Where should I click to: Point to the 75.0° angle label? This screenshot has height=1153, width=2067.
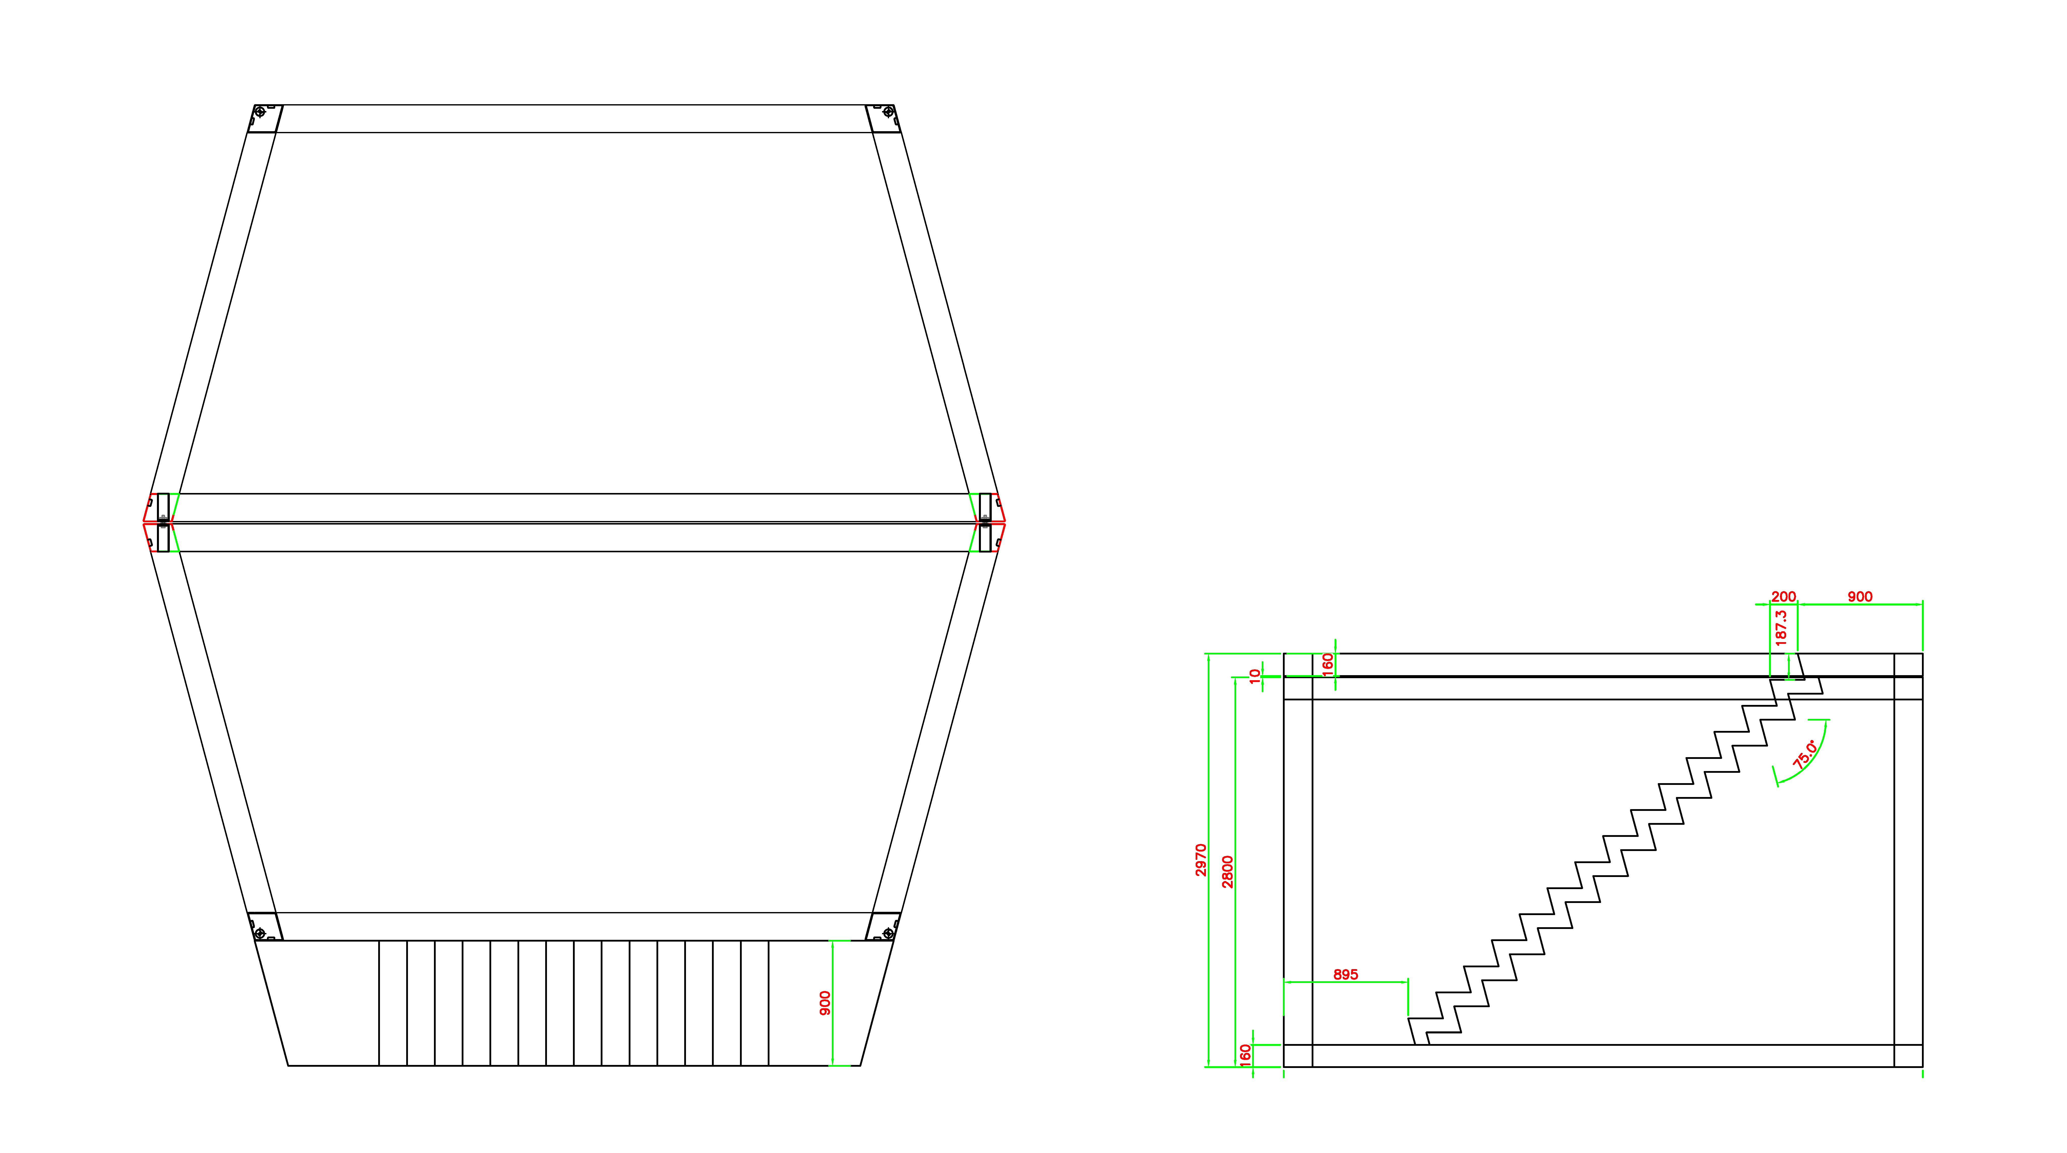click(x=1805, y=754)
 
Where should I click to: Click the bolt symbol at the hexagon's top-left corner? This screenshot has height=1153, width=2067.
click(x=259, y=112)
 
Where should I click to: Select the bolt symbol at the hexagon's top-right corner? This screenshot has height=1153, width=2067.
click(x=888, y=112)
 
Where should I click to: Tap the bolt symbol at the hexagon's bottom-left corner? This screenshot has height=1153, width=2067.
click(x=259, y=933)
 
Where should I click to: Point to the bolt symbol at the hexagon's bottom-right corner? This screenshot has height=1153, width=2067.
click(x=888, y=933)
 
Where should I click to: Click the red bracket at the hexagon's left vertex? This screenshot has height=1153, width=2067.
click(x=147, y=521)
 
